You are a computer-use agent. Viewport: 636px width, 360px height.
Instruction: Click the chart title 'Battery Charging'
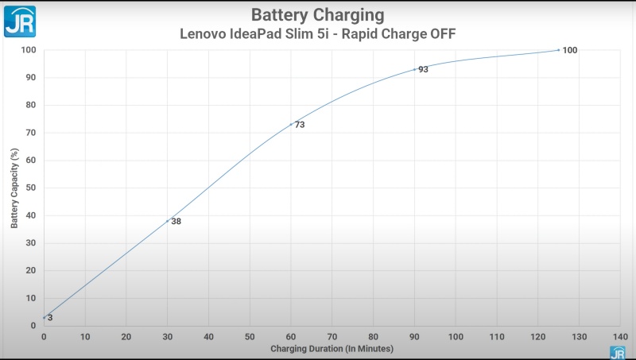[317, 15]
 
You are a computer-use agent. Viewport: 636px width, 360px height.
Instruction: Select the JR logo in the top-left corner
[19, 20]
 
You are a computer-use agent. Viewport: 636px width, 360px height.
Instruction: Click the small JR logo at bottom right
[617, 352]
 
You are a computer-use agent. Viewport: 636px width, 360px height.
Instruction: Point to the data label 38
[176, 221]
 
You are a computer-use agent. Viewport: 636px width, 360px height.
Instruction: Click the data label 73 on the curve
[300, 125]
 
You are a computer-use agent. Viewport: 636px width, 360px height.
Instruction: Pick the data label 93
[423, 70]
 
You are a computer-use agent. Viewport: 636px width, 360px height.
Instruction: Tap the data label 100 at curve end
[569, 50]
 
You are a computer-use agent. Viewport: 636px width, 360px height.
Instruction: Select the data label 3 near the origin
[50, 318]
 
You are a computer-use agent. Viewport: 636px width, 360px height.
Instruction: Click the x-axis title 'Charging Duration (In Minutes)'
[330, 349]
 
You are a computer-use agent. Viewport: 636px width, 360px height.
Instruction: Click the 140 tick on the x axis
[620, 337]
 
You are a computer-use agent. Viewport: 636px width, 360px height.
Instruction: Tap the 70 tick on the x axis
[332, 337]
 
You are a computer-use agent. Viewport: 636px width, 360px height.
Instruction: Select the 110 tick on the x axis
[496, 337]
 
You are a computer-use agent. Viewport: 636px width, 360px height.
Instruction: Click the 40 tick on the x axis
[208, 337]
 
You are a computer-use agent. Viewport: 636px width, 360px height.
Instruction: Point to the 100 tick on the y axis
[29, 49]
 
